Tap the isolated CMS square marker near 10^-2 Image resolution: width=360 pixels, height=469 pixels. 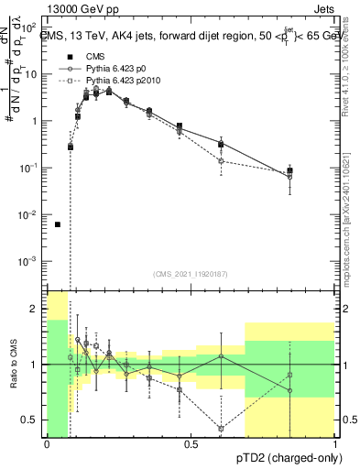(x=58, y=224)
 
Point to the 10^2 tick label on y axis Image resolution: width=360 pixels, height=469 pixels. (x=30, y=27)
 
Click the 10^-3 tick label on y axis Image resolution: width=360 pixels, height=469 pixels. (x=29, y=262)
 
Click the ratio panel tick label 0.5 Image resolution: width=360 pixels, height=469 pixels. (x=30, y=420)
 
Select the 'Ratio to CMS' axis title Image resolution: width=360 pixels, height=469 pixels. (x=12, y=364)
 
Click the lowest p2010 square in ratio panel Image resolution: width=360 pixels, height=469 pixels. (x=222, y=428)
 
